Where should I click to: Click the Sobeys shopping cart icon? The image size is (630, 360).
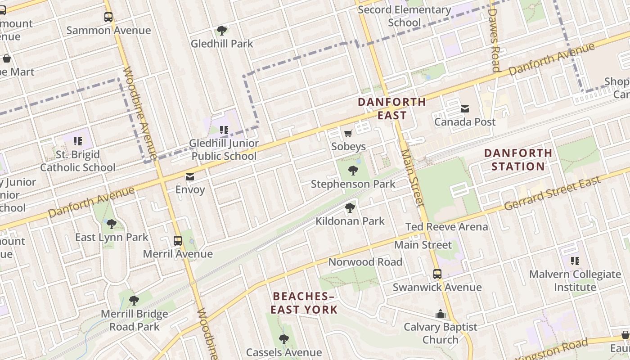(348, 133)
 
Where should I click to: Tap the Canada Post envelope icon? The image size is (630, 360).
(465, 108)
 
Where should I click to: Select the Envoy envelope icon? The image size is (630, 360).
(190, 176)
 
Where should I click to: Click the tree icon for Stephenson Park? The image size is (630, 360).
(353, 171)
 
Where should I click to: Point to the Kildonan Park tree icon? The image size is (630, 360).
(350, 207)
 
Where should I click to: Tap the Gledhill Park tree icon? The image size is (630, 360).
(222, 31)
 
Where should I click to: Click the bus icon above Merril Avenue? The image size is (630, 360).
(178, 240)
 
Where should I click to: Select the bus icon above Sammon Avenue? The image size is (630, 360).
(108, 17)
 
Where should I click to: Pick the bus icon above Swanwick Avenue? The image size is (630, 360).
(437, 274)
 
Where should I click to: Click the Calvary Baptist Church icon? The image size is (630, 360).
(441, 314)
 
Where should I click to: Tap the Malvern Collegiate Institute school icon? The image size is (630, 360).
(575, 261)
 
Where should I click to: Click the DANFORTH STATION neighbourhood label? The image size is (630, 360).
(518, 160)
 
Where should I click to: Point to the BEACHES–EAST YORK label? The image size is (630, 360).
(304, 303)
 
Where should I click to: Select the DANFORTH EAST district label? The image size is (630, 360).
(391, 108)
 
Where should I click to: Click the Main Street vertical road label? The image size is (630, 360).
(413, 178)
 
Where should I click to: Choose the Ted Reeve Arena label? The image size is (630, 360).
(446, 227)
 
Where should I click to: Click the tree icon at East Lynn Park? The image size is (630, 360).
(111, 224)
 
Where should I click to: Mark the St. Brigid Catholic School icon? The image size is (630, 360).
(78, 141)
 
